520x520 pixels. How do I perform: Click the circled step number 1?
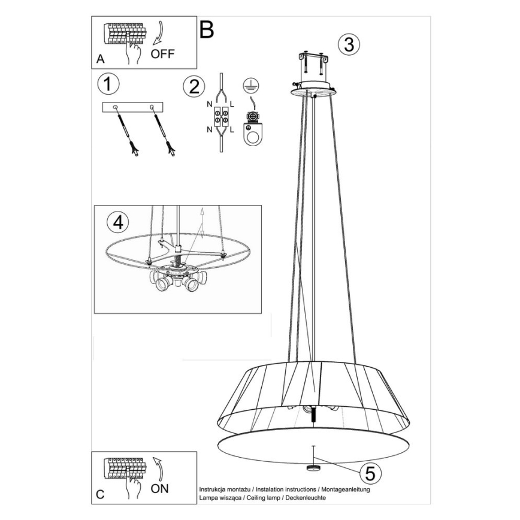coord(107,84)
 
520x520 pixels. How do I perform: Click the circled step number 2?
coord(193,86)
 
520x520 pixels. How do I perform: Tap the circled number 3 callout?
coord(348,43)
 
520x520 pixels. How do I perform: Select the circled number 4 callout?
coord(117,222)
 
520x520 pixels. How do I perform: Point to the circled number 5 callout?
coord(370,473)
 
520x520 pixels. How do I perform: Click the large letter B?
coord(206,29)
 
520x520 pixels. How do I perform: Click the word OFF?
coord(162,54)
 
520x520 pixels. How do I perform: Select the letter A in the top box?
coord(100,59)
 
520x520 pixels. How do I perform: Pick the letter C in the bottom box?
coord(100,494)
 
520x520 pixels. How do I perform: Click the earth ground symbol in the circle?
coord(250,85)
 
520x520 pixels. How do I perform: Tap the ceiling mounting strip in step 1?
coord(132,107)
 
